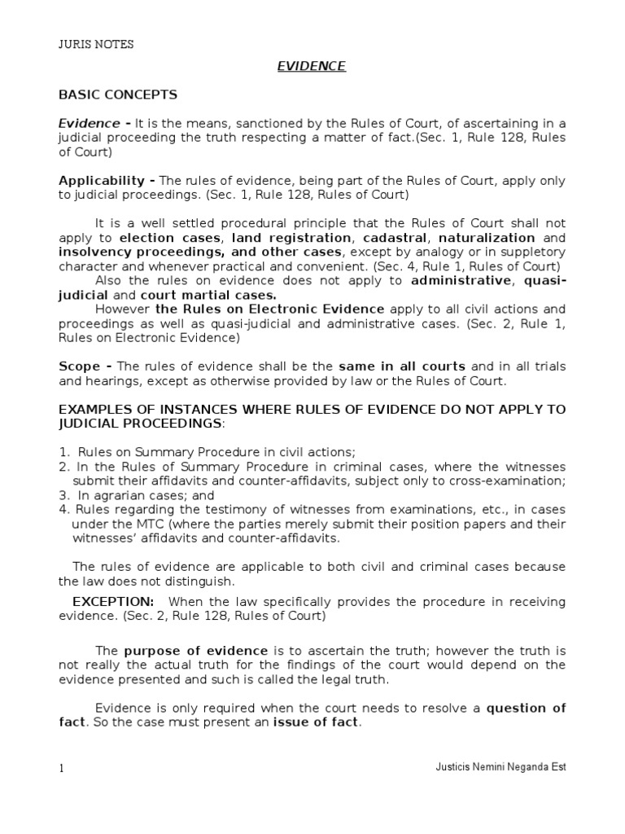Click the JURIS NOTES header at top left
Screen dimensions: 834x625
point(96,45)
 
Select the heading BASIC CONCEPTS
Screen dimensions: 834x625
point(118,95)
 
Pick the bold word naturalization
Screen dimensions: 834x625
point(486,238)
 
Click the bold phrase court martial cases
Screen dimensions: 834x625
point(208,295)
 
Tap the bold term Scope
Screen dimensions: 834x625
point(77,366)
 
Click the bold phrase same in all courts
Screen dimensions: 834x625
point(402,366)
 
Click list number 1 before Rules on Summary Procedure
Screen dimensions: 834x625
point(63,452)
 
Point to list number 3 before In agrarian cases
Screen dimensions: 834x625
point(63,494)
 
